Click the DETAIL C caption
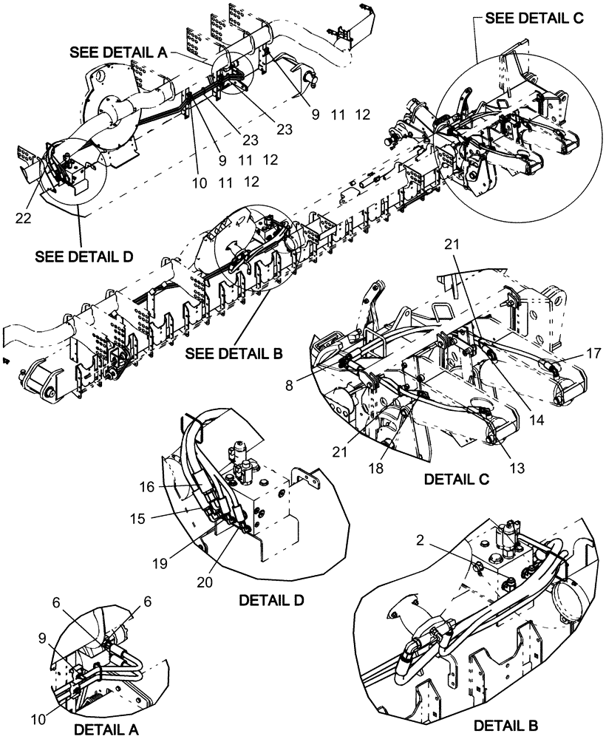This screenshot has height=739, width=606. pyautogui.click(x=457, y=479)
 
